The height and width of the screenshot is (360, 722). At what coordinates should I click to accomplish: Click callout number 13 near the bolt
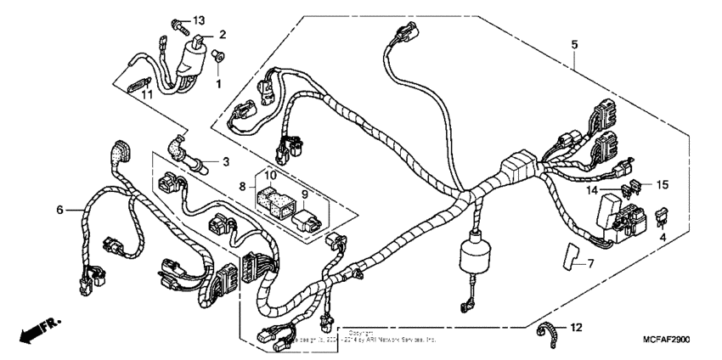[199, 20]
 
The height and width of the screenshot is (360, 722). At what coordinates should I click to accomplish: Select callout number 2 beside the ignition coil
[222, 35]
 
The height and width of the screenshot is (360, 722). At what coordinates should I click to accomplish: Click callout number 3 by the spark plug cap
[226, 160]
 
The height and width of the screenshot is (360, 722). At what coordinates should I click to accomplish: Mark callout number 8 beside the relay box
[242, 184]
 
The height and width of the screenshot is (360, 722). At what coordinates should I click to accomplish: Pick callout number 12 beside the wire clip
[577, 328]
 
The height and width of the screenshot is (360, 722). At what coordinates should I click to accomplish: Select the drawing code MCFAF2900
[659, 340]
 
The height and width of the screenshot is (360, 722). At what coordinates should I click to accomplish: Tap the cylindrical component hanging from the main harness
[474, 256]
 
